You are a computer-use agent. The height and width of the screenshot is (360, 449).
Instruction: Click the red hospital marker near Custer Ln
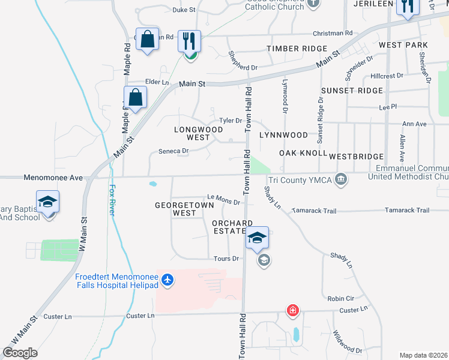click(x=292, y=311)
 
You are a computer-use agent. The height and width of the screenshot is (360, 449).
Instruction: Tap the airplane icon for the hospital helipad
click(x=167, y=280)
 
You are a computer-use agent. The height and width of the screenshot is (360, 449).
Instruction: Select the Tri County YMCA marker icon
click(x=341, y=179)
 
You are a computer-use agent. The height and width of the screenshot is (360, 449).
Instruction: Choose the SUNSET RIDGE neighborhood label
click(x=352, y=91)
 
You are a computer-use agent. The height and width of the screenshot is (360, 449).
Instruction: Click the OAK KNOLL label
click(x=303, y=154)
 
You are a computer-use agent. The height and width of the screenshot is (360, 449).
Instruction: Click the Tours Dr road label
click(x=226, y=259)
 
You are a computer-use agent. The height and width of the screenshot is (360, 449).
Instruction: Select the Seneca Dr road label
click(x=173, y=151)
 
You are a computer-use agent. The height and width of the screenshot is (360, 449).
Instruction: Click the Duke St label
click(x=184, y=10)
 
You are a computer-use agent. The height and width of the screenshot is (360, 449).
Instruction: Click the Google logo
click(x=20, y=353)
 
